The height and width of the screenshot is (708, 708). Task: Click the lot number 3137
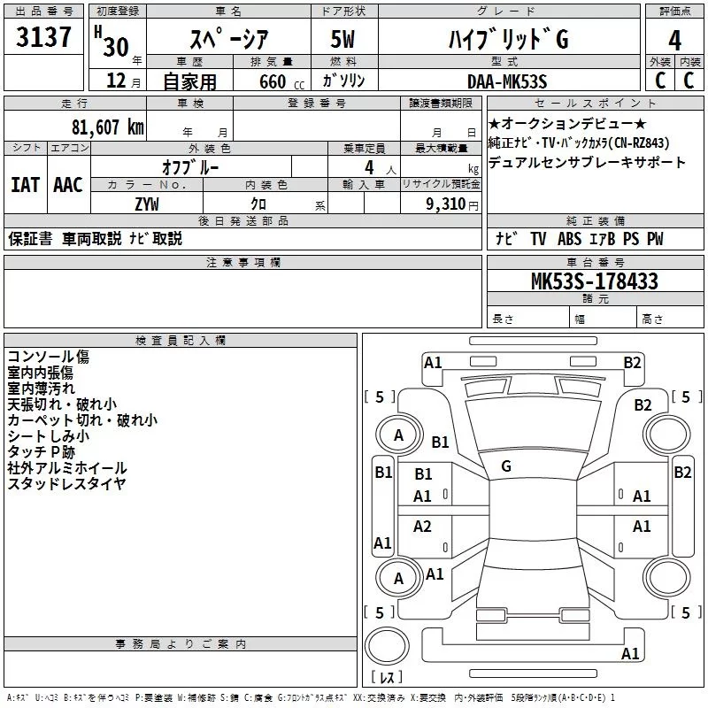[x=44, y=37]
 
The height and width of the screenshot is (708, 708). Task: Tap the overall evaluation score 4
[x=674, y=40]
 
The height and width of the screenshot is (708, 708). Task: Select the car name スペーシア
[x=227, y=40]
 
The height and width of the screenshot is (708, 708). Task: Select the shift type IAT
[x=25, y=184]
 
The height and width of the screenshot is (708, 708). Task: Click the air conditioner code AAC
[x=68, y=184]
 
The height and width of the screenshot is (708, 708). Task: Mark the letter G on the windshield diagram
[x=506, y=466]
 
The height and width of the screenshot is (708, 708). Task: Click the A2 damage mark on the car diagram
[x=423, y=527]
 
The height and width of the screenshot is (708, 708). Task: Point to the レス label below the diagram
[x=387, y=678]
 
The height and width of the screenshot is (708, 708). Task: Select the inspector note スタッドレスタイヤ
[x=66, y=483]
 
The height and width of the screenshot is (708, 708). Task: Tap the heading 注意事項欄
[x=242, y=263]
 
